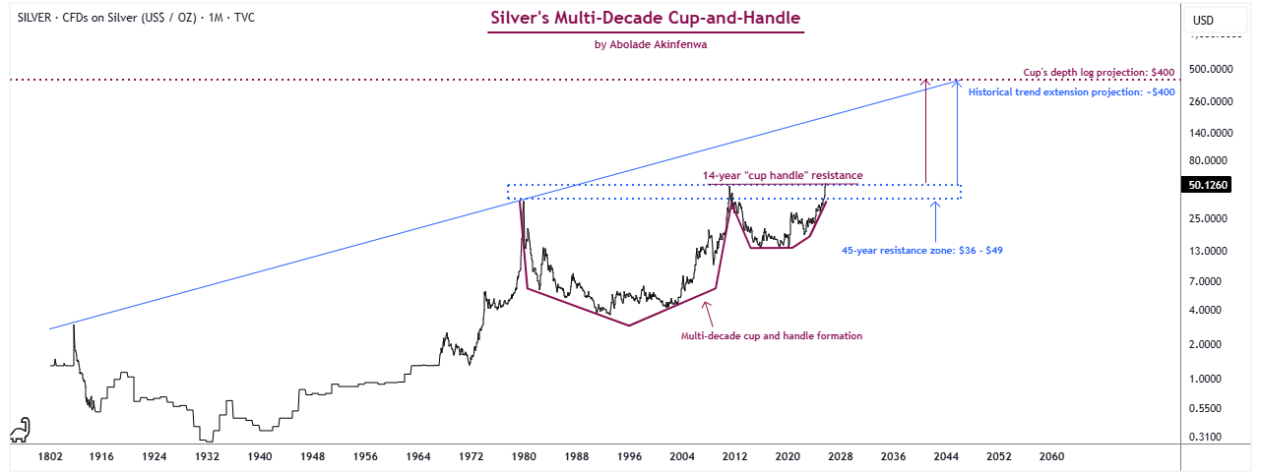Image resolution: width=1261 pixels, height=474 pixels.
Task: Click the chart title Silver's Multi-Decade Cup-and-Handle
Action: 646,19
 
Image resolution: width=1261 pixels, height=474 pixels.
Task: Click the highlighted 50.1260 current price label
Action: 1210,186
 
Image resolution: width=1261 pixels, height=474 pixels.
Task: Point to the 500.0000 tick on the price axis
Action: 1210,69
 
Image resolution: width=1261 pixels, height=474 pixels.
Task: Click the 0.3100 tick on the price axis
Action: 1210,437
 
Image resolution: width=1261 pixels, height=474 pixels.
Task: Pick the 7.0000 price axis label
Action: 1210,281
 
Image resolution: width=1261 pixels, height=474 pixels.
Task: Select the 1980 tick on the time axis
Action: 524,457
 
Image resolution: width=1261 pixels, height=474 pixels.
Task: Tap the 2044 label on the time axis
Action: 946,457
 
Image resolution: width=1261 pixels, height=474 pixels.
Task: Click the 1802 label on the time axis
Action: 49,457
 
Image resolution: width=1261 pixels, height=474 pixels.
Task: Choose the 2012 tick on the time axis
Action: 734,457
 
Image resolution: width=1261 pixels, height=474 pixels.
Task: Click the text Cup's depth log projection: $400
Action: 1100,73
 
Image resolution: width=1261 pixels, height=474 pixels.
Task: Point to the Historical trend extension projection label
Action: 1071,92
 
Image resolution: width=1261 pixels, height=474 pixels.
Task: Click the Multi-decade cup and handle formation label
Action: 772,336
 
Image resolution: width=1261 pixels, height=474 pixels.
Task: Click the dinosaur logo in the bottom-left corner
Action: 20,430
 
